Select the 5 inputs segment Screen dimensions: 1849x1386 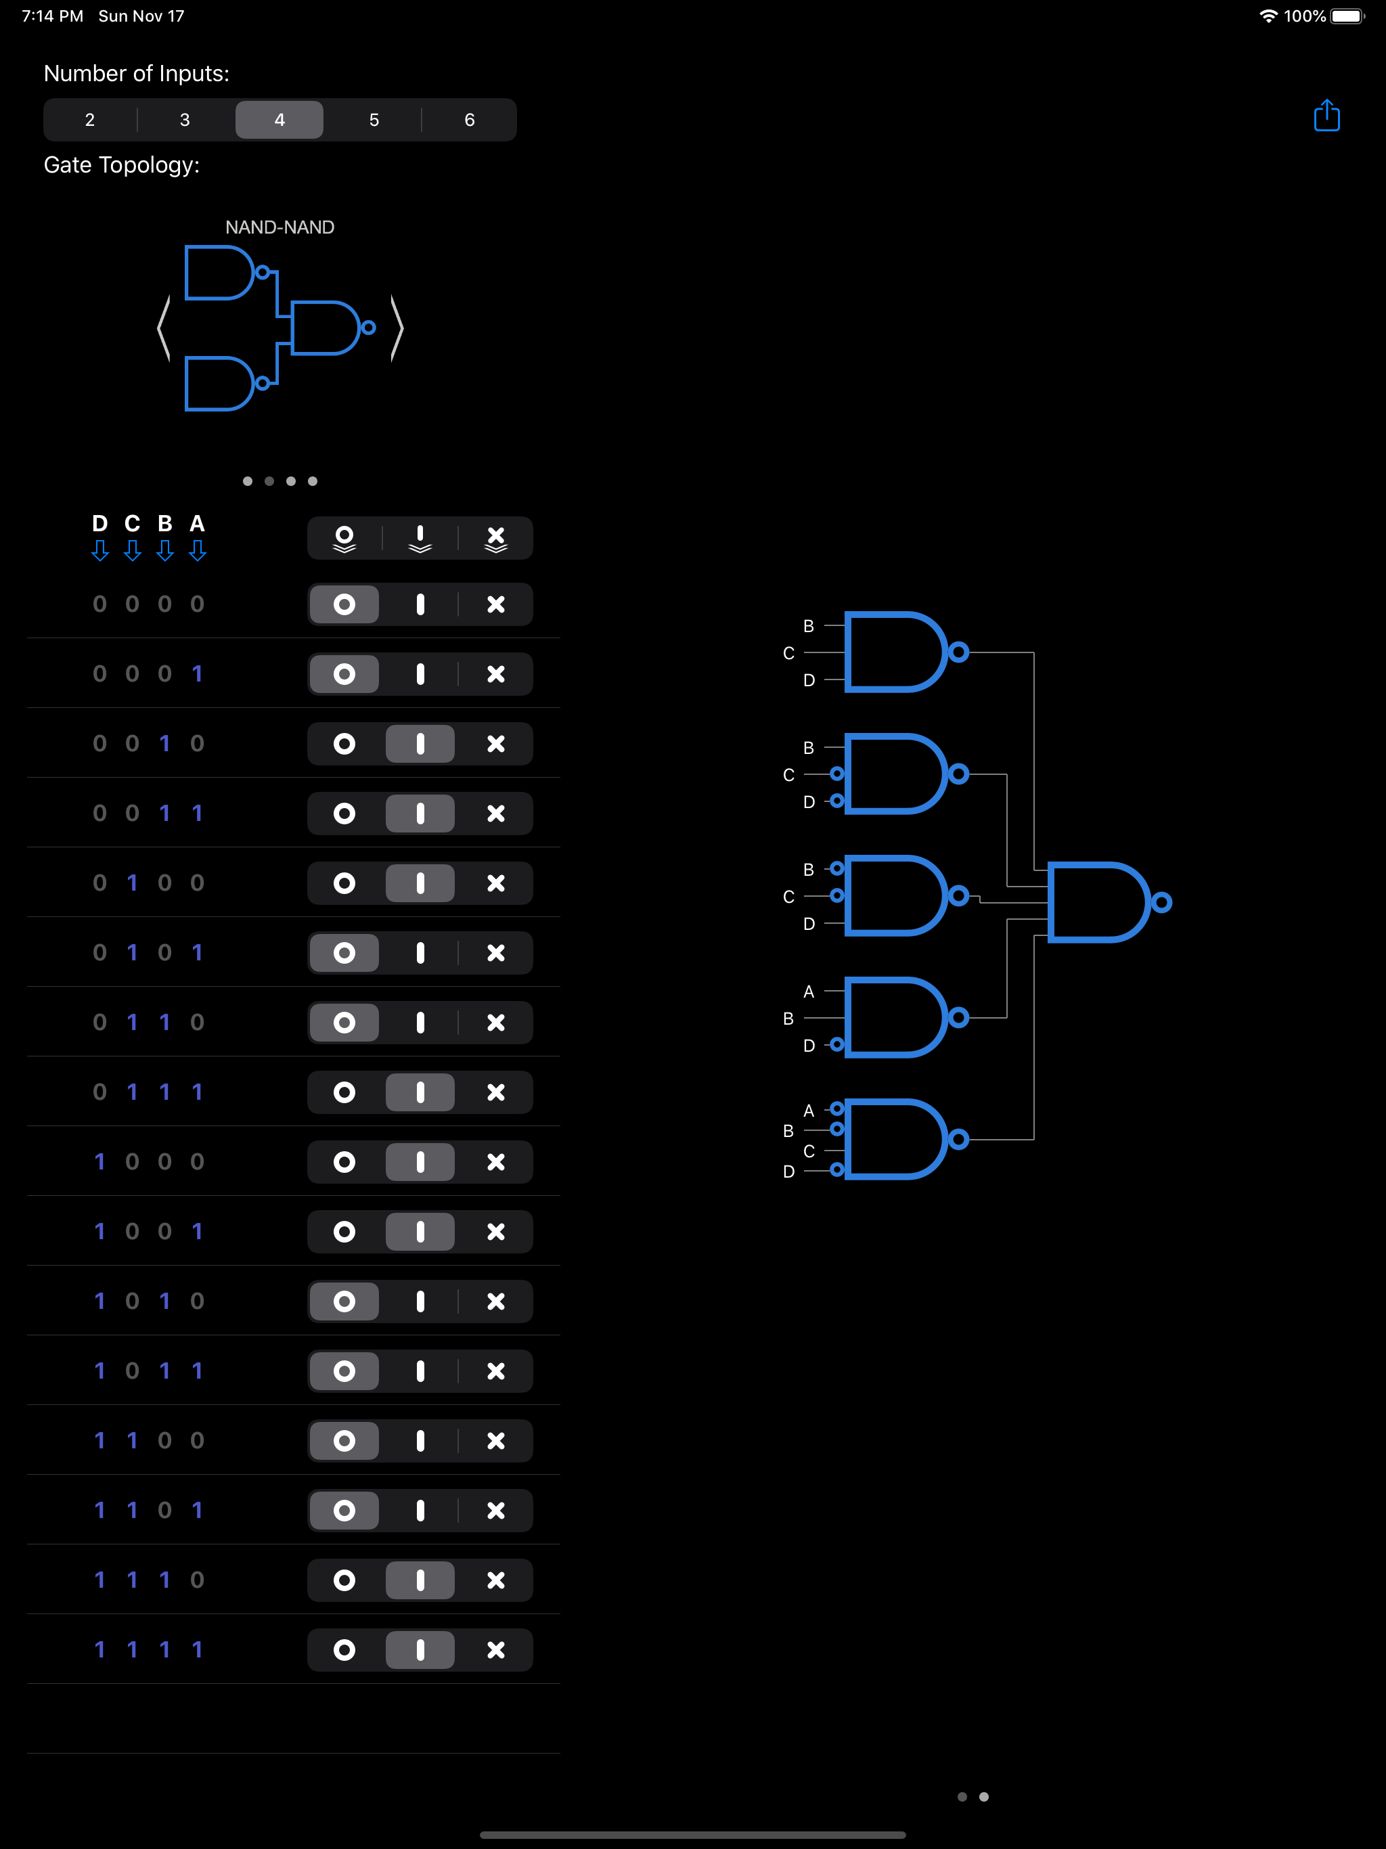point(374,120)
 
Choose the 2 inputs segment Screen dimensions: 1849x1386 point(89,120)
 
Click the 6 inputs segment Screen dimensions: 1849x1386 point(469,120)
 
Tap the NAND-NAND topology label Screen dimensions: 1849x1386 point(280,227)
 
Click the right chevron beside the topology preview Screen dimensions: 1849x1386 point(397,328)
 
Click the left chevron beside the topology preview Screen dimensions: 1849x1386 point(164,328)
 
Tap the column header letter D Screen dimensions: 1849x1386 point(99,524)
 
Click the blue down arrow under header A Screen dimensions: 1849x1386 point(198,551)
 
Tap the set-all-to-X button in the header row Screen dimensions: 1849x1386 point(495,538)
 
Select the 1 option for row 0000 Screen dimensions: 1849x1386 point(420,604)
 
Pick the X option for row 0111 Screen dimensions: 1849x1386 point(495,1092)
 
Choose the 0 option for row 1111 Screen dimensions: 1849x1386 point(344,1650)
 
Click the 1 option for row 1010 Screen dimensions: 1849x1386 point(420,1301)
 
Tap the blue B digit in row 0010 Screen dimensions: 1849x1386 point(164,744)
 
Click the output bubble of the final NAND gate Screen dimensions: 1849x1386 point(1161,903)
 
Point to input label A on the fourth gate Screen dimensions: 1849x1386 point(808,992)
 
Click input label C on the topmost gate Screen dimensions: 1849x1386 point(788,654)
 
